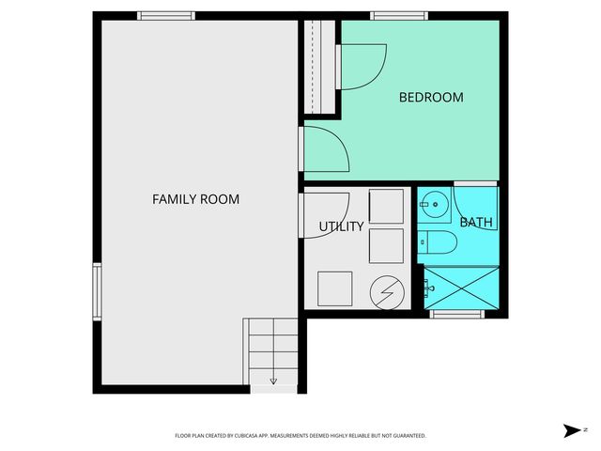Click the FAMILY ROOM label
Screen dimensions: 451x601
pos(195,199)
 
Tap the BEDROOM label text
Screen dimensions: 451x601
pos(431,97)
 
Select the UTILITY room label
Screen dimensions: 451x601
pos(341,226)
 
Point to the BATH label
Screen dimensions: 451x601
pos(475,223)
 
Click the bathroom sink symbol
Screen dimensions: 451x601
pos(434,202)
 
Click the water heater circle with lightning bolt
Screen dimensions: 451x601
pos(386,291)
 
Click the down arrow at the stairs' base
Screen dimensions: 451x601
pos(273,381)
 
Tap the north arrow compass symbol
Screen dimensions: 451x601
pos(573,430)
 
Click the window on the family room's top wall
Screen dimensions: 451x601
pos(166,15)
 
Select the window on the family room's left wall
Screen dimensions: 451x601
pos(96,291)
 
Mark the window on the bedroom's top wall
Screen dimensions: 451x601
pos(399,15)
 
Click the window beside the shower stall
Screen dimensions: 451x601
pos(456,314)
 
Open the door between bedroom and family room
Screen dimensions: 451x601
pos(324,148)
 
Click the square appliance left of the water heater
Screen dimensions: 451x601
pos(335,288)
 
